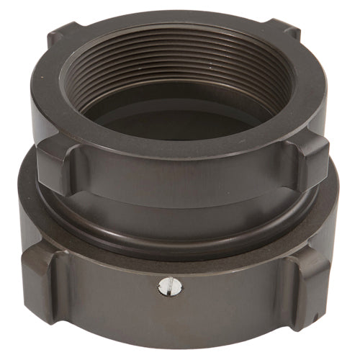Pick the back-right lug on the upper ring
(289, 37)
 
